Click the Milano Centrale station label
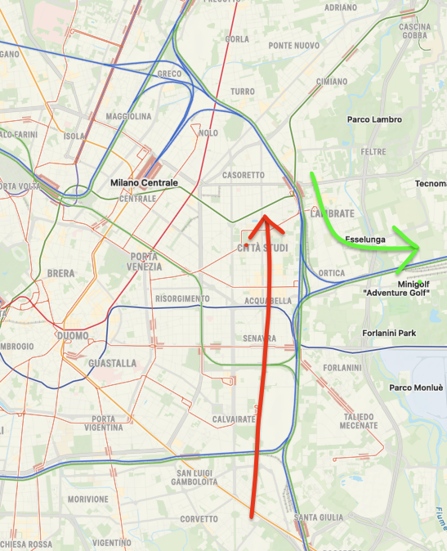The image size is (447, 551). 144,182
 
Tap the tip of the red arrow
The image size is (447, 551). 264,214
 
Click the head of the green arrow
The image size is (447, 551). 418,248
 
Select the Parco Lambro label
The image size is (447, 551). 374,119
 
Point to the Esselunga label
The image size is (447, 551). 365,240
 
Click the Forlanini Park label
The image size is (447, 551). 389,333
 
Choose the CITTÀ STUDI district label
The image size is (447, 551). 262,248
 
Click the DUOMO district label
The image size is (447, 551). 72,335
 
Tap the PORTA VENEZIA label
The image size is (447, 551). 145,261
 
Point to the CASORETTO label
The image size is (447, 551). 244,175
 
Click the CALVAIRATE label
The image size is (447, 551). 235,419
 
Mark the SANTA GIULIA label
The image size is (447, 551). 317,517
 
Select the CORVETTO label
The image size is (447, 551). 199,519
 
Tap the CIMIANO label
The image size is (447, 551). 332,82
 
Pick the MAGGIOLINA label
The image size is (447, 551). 128,116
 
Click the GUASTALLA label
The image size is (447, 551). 112,362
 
